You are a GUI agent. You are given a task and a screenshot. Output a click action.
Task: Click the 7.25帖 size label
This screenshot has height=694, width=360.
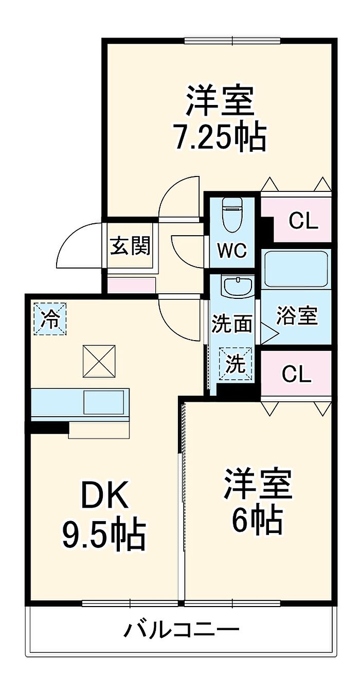pos(221,137)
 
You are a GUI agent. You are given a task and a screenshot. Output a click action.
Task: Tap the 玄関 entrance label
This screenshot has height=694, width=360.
pos(131,246)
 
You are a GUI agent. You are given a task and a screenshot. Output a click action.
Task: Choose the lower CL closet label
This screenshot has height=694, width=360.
pos(296,375)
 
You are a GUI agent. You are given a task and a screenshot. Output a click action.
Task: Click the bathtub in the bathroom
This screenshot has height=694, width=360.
pos(295,269)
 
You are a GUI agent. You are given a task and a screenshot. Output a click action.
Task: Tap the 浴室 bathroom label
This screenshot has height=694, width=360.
pos(297,315)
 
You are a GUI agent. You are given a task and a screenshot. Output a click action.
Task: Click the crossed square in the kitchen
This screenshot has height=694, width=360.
pos(99,362)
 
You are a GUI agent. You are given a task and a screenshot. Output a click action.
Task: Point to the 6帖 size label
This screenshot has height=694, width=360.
pos(257,521)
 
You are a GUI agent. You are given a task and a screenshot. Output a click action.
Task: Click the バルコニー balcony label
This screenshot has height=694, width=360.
pos(182,629)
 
